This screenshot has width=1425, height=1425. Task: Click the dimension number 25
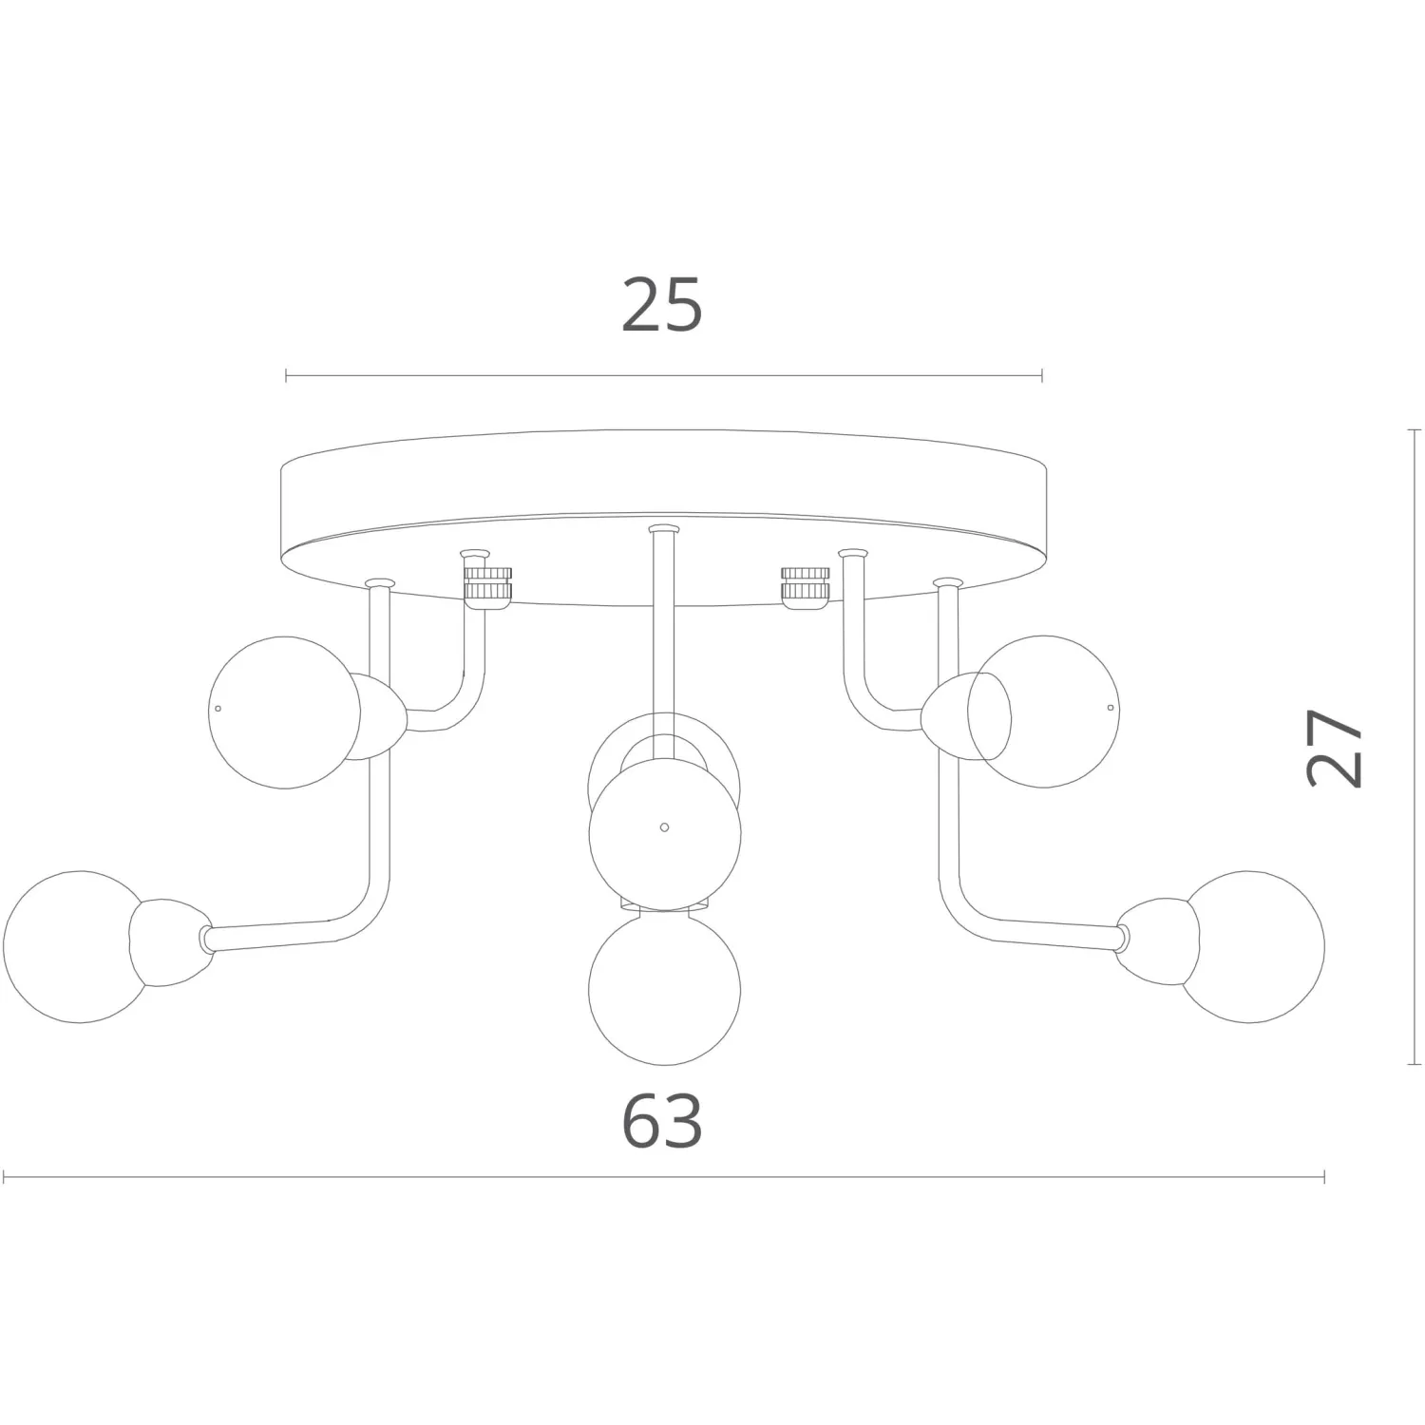coord(662,305)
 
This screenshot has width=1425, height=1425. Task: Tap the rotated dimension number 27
coord(1335,748)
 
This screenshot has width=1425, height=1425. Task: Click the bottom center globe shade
coord(664,988)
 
